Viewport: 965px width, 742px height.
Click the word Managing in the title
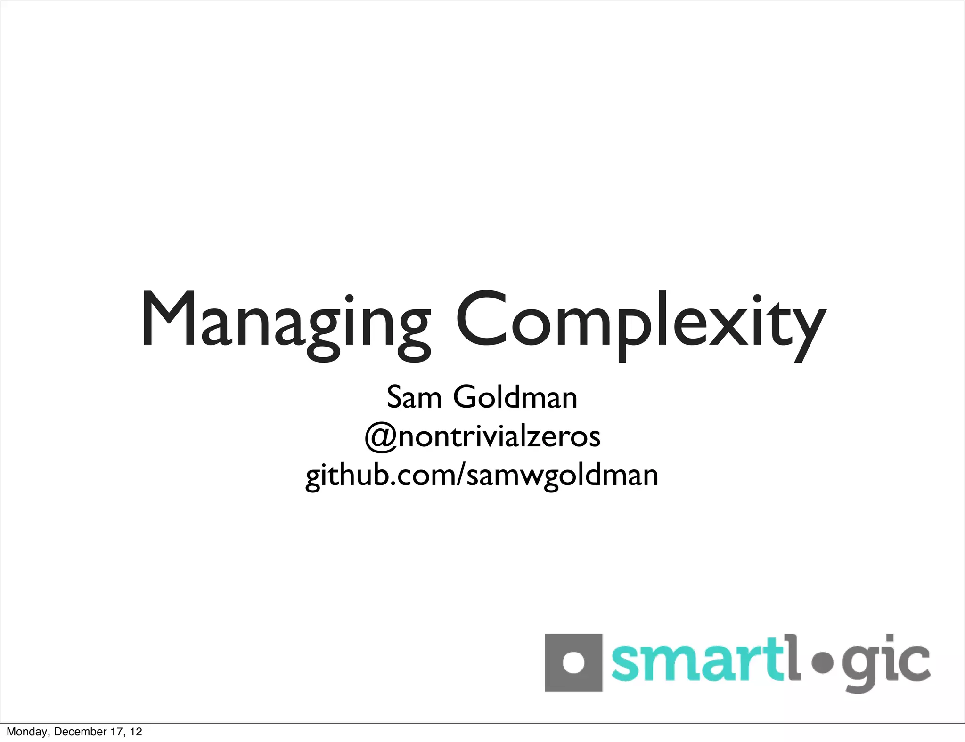285,323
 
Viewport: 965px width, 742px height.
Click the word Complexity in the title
641,323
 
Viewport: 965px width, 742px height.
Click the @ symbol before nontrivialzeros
381,437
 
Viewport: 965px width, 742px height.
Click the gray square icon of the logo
573,663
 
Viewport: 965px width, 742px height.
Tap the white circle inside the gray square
573,663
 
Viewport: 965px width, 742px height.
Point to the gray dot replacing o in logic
821,663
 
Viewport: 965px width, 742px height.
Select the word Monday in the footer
27,732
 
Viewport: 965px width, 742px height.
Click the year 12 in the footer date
136,732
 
